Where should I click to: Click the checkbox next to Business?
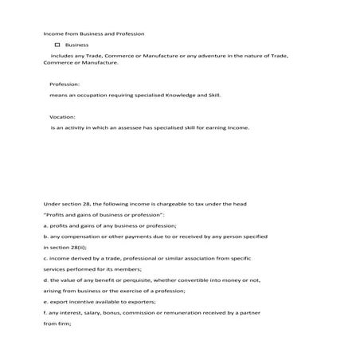[57, 45]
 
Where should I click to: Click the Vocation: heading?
[63, 116]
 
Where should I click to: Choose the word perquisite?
[137, 280]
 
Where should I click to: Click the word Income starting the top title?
[54, 34]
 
